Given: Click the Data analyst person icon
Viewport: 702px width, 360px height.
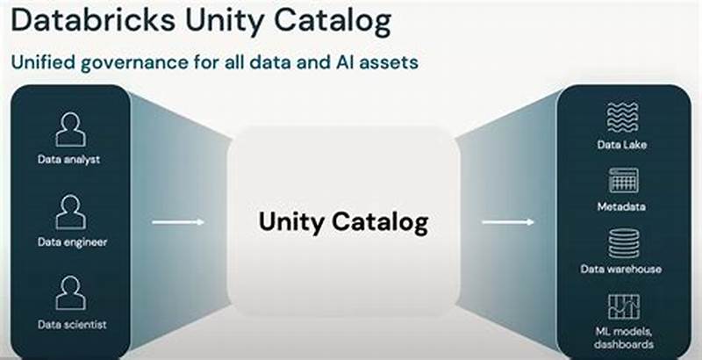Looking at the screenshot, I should (x=71, y=130).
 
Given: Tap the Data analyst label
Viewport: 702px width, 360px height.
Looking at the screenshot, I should (x=71, y=160).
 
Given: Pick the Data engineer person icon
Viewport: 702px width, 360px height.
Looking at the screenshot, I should (x=71, y=212).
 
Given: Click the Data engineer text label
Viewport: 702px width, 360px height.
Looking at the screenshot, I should (x=71, y=241).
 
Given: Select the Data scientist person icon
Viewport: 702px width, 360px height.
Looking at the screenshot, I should (x=71, y=293).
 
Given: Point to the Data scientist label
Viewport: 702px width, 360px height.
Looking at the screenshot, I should (x=71, y=324).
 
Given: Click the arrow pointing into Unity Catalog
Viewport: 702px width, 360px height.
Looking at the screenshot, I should (x=178, y=222).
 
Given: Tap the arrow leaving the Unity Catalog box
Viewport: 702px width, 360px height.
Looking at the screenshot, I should (x=508, y=222).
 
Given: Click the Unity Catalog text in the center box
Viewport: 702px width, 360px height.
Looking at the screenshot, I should (x=343, y=222).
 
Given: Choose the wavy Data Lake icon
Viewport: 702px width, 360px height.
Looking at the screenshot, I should (x=623, y=118).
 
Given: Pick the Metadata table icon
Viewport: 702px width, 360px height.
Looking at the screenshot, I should (x=623, y=180).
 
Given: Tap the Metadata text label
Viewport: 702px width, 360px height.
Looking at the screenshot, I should (x=623, y=207).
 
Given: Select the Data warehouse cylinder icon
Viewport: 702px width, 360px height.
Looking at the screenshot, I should (x=623, y=241).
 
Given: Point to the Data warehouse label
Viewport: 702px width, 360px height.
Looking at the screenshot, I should (x=623, y=269).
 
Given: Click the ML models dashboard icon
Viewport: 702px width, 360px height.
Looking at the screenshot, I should (x=623, y=306).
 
